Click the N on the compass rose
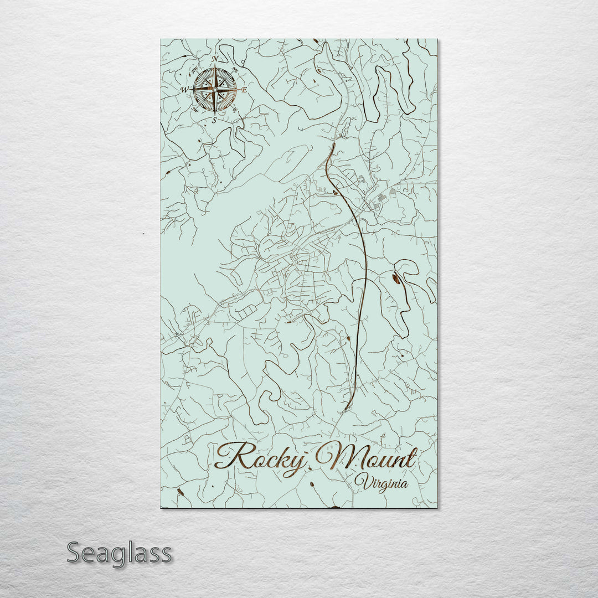215,59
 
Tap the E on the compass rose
244,89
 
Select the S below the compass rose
215,120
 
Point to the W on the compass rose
184,89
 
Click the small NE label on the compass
235,70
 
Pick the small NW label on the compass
194,70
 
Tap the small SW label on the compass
194,109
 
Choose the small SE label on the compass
235,109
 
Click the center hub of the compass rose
215,89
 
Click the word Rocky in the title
260,458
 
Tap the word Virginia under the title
382,483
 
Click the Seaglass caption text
119,553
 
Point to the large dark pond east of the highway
396,279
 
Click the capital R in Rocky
228,456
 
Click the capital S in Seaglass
75,553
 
